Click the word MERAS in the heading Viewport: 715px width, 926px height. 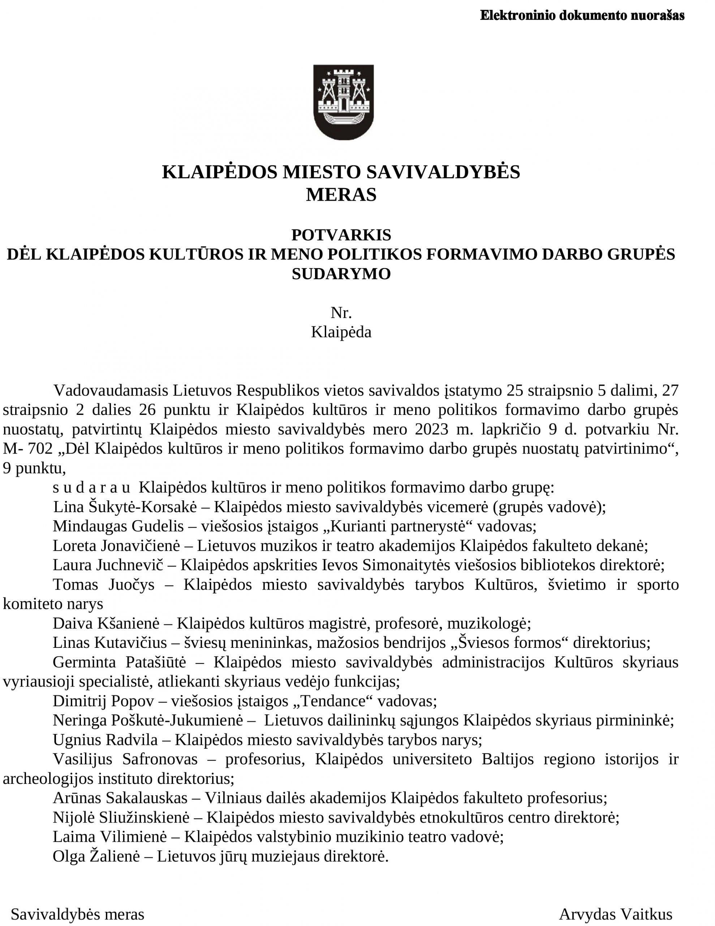click(x=341, y=195)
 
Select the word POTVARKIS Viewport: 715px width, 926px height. click(x=341, y=234)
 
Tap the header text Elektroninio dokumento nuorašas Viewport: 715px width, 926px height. click(x=582, y=16)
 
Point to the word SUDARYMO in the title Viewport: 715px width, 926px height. click(x=341, y=274)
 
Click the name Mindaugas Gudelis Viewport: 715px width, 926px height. click(x=118, y=526)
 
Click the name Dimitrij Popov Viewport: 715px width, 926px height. click(x=103, y=701)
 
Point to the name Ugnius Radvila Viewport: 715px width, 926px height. click(x=105, y=740)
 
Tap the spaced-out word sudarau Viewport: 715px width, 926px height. click(x=91, y=488)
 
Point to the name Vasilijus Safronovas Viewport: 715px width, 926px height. click(x=125, y=759)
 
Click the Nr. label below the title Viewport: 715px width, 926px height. click(x=341, y=313)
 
